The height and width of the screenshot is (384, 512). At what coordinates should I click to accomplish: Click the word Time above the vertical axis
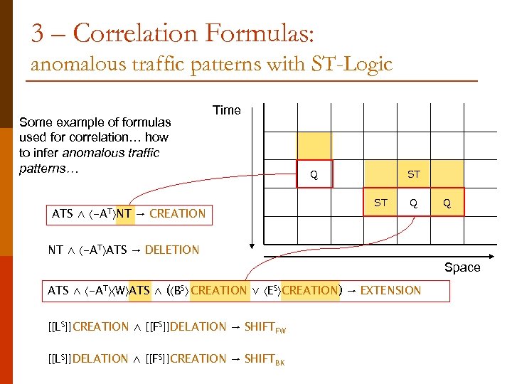(x=227, y=110)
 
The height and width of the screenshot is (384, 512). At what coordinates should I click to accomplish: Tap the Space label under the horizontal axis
(x=462, y=267)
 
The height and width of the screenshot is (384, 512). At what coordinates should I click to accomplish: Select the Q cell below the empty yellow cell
(x=314, y=174)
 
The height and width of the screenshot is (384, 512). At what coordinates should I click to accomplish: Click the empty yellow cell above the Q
(x=314, y=146)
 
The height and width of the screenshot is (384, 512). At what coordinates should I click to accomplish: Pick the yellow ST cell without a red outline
(x=414, y=174)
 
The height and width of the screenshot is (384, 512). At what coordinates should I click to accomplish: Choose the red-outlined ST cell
(x=381, y=203)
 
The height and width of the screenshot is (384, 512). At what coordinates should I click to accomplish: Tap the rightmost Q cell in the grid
(x=447, y=203)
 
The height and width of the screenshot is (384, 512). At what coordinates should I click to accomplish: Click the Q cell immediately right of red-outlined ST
(x=413, y=203)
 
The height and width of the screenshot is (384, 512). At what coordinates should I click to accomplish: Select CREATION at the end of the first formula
(x=178, y=213)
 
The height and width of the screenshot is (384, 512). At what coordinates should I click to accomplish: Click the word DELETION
(x=171, y=250)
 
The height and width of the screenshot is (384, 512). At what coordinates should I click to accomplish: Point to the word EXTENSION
(x=390, y=290)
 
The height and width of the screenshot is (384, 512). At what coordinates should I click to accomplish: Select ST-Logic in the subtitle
(x=352, y=65)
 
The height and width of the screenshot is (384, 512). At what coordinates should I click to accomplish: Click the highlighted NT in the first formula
(x=124, y=213)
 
